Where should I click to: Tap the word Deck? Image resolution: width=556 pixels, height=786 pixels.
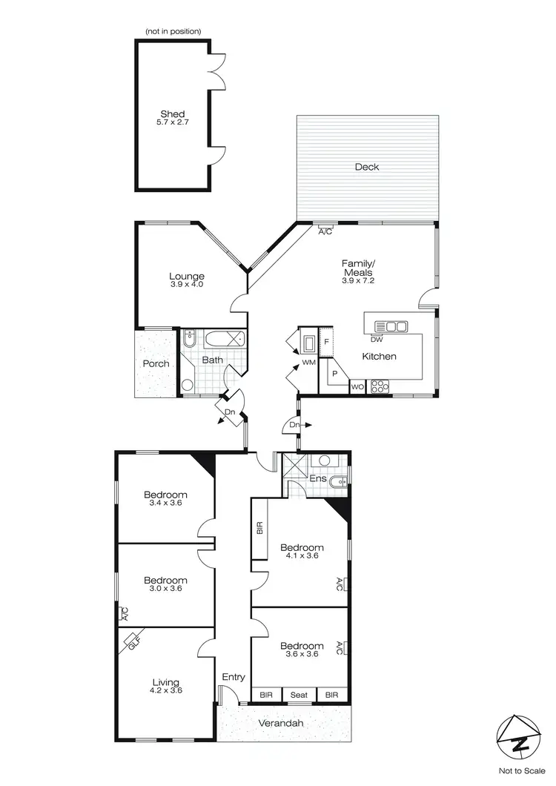coord(367,167)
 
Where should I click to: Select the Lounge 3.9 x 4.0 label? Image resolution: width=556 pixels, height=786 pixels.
coord(186,280)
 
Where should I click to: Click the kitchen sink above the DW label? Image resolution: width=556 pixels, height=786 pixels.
coord(391,326)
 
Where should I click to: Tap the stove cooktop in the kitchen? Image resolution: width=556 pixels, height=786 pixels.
coord(379,386)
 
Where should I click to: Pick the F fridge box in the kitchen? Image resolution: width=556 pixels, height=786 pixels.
coord(327,341)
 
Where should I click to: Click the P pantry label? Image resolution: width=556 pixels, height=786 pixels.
coord(335,374)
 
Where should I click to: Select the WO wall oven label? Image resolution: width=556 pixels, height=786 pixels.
coord(357,386)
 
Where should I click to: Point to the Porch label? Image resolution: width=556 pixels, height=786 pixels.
coord(156,363)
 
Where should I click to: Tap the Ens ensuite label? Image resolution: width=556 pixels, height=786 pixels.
coord(318,479)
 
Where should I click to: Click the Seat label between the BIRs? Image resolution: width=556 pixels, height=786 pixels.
coord(299,695)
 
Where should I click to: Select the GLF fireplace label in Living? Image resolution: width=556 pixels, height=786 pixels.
coord(133,639)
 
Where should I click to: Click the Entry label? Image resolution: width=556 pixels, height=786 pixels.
coord(234,676)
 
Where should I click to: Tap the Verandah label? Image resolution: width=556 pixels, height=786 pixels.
coord(281,723)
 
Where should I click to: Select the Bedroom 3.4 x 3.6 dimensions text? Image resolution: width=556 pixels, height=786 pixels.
coord(165,503)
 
